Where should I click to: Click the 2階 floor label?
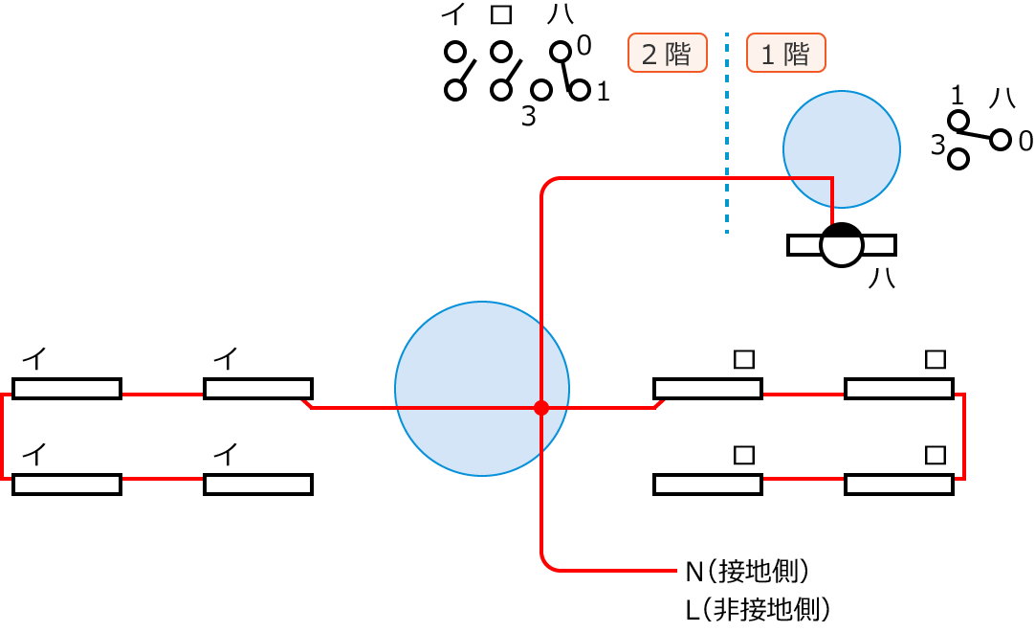[x=667, y=53]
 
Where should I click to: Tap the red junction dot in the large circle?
[x=541, y=408]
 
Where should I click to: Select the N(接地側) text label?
[x=748, y=572]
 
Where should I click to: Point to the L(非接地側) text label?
[x=757, y=608]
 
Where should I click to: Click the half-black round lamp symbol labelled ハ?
[x=842, y=245]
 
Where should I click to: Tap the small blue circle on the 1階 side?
[x=842, y=149]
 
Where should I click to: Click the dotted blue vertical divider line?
[x=727, y=134]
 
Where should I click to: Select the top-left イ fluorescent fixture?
[x=67, y=388]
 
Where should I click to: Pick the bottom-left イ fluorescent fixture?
[x=67, y=484]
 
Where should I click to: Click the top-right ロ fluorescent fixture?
[x=899, y=388]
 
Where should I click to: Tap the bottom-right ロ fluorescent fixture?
[x=899, y=484]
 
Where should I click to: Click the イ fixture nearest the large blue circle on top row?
[x=258, y=388]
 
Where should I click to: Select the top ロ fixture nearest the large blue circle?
[x=708, y=388]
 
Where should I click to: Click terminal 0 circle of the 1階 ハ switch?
[x=1001, y=140]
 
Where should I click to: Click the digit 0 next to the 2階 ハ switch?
[x=584, y=45]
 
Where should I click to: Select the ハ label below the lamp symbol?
[x=882, y=278]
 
